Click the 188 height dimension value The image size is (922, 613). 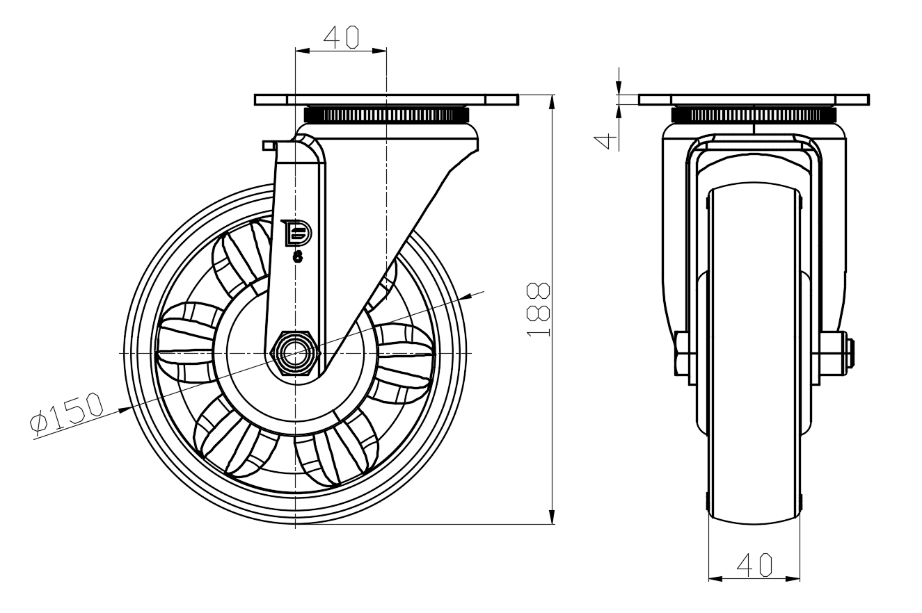[539, 309]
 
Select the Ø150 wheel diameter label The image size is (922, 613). [67, 413]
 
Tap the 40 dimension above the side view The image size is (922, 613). [341, 38]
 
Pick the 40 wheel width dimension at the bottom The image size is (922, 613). [754, 564]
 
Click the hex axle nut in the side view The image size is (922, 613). [295, 353]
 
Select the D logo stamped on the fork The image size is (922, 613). [296, 233]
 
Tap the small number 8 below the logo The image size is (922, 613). [298, 257]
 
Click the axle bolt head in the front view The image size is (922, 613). [683, 353]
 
